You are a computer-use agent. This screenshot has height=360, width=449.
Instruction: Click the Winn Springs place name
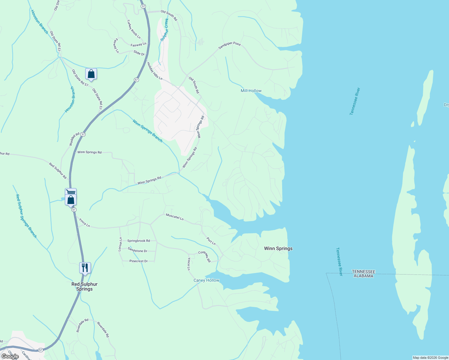[278, 248]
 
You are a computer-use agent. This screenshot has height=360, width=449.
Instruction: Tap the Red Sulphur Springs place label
[84, 286]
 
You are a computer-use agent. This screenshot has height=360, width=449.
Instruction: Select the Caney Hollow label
[206, 280]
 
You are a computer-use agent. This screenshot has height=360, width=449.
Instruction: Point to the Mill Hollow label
[251, 91]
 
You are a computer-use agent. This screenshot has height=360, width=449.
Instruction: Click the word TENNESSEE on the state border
[363, 271]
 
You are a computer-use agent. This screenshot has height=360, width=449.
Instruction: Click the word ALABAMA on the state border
[363, 276]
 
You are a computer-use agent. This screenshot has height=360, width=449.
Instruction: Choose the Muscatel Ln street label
[175, 217]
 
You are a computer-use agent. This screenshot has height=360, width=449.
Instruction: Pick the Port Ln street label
[211, 241]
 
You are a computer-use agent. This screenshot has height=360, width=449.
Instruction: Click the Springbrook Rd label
[138, 241]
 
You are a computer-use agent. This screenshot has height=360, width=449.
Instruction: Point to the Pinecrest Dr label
[138, 261]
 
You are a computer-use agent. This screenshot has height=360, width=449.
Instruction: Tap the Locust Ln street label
[120, 244]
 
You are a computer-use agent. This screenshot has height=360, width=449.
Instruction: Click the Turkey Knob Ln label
[134, 29]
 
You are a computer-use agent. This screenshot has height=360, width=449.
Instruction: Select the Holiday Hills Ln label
[155, 71]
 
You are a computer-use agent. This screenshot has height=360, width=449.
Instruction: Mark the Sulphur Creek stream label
[164, 30]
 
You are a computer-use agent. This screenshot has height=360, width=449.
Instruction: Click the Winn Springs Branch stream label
[147, 131]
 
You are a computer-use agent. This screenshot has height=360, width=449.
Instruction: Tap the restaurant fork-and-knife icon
[85, 268]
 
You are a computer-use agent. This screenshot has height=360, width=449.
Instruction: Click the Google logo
[10, 356]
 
